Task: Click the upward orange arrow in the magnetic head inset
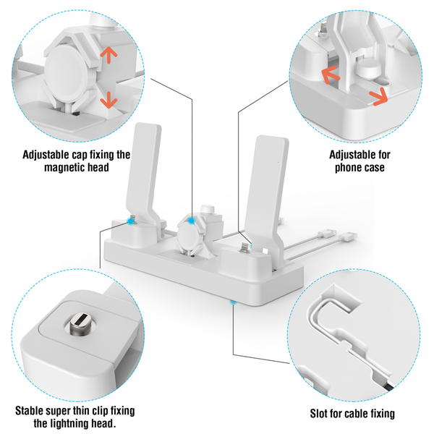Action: (109, 54)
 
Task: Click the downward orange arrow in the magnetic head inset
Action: (109, 100)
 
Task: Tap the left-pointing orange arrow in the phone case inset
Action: (331, 75)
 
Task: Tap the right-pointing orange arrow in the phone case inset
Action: (378, 97)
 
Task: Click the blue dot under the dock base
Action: (233, 302)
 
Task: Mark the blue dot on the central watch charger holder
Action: (191, 221)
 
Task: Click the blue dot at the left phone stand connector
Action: (129, 221)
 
